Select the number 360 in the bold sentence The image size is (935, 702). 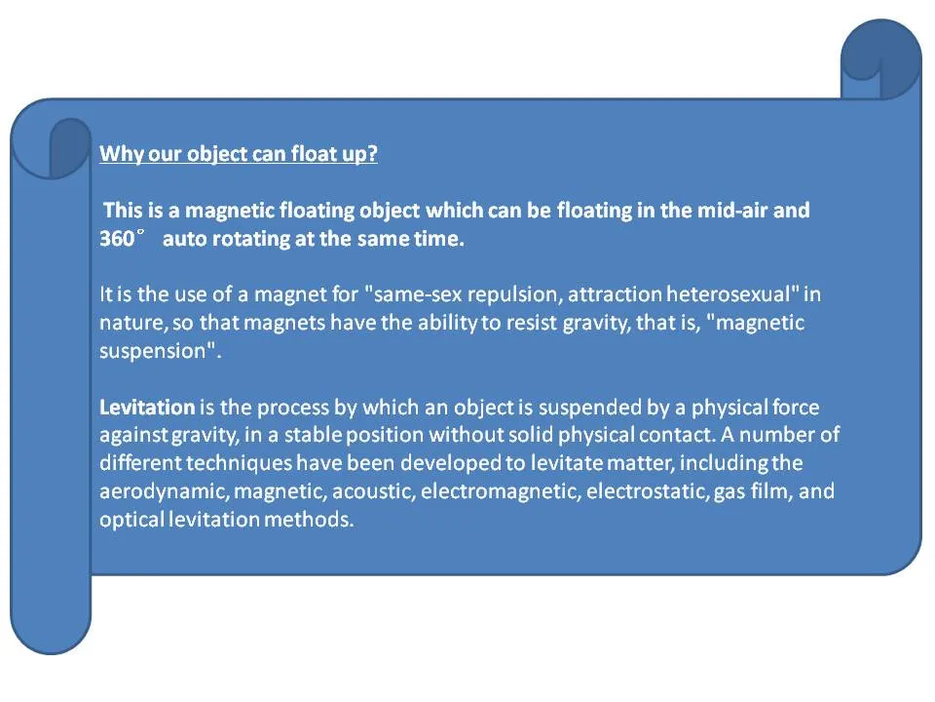click(117, 239)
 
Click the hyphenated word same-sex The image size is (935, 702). click(418, 294)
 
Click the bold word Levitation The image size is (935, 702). click(147, 408)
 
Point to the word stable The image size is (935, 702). click(313, 435)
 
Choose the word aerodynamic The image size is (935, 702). click(164, 491)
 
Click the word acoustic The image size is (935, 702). click(373, 491)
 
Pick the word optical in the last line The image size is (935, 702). click(131, 520)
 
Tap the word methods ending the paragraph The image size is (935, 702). click(309, 520)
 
